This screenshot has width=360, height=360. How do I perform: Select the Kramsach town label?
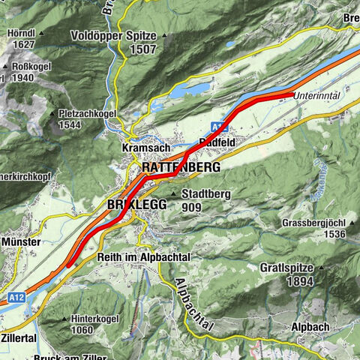(141, 149)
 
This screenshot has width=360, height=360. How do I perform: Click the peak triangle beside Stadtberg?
(174, 194)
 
